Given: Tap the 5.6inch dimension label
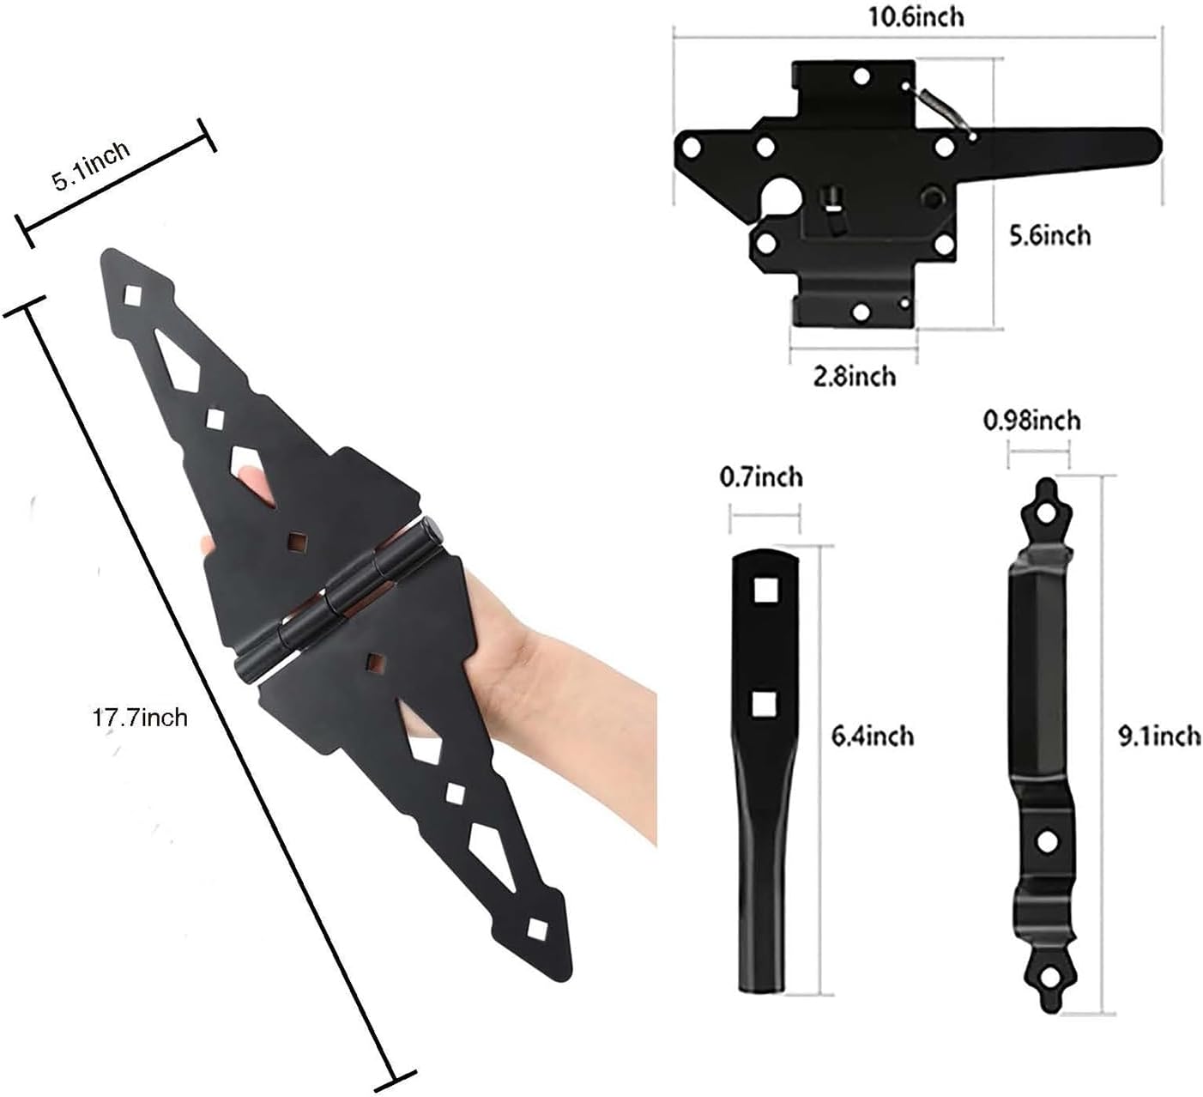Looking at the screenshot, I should click(x=1049, y=234).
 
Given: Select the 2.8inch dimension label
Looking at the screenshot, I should click(x=854, y=375).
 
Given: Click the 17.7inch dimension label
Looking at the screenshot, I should click(x=139, y=716).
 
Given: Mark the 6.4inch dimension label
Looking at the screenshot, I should click(x=874, y=736).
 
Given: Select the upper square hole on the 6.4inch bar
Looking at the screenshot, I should click(x=763, y=589).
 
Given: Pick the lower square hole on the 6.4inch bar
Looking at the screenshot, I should click(x=762, y=704).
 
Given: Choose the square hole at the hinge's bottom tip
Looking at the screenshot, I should click(x=537, y=929).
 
